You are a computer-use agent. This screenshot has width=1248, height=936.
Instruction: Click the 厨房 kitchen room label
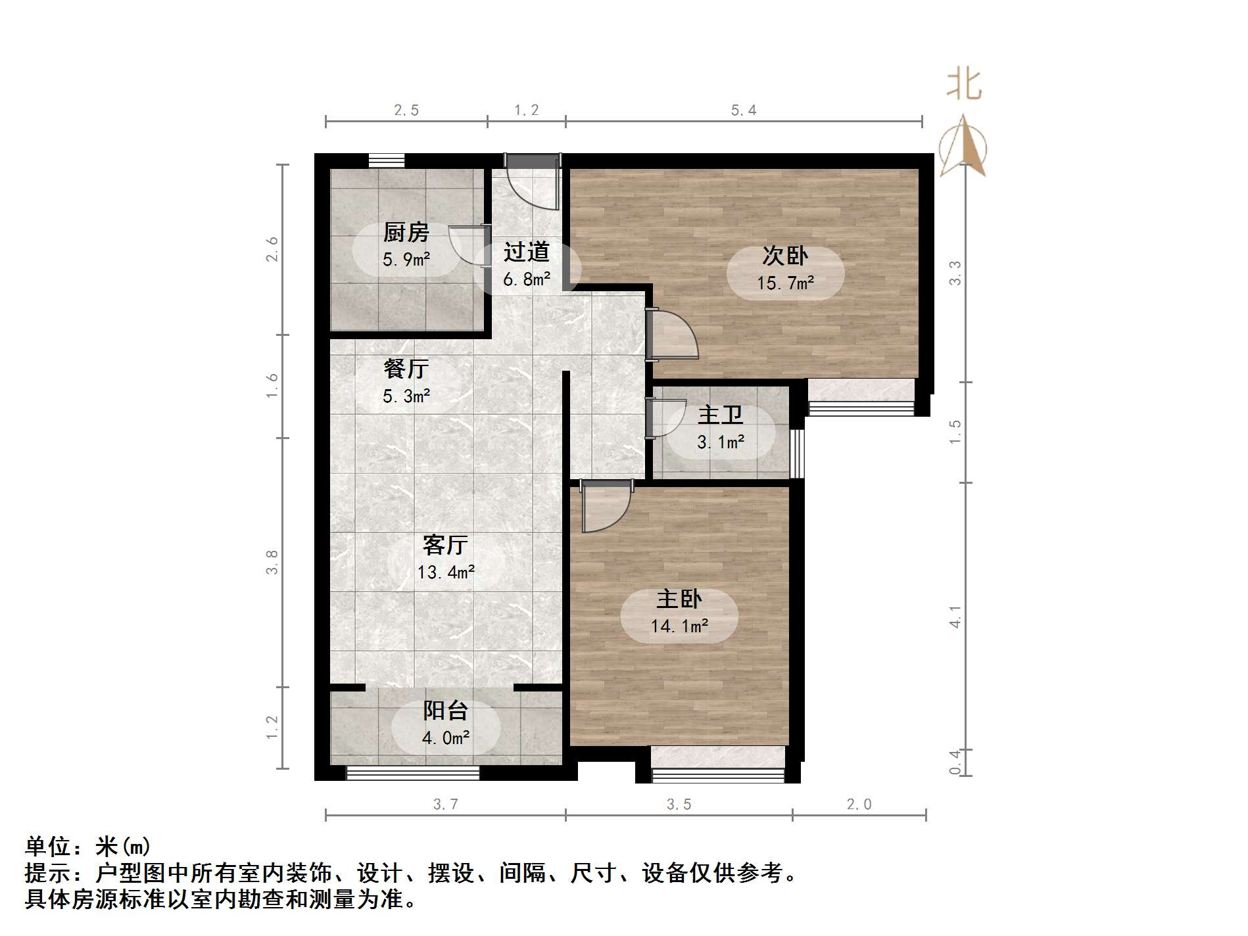coord(406,233)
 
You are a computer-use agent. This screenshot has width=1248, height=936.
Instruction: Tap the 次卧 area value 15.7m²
coord(785,283)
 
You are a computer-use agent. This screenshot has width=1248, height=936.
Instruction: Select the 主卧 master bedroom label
coord(679,599)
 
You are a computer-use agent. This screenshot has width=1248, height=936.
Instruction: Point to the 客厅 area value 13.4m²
coord(446,573)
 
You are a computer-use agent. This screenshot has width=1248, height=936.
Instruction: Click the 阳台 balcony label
coord(445,711)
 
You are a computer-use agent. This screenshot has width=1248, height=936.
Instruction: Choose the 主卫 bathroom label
coord(720,415)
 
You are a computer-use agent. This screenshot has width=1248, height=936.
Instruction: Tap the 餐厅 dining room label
coord(406,369)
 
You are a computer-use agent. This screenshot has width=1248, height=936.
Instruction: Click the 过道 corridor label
coord(526,252)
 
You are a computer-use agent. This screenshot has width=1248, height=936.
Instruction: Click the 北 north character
coord(964,86)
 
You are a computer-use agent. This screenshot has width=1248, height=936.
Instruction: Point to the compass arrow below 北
coord(963,146)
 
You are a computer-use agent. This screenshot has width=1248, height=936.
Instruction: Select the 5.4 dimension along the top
coord(744,110)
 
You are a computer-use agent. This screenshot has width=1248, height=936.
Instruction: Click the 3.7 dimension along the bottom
coord(445,805)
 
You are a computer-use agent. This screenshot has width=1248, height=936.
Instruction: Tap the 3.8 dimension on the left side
coord(272,563)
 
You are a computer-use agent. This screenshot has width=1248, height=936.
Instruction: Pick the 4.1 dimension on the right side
coord(955,617)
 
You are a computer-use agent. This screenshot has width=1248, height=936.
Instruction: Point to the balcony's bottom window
coord(412,774)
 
